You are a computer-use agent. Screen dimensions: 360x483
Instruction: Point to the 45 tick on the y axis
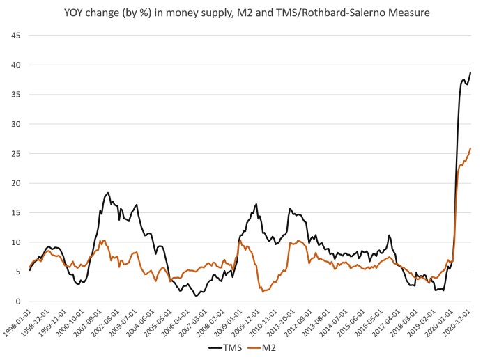coord(15,36)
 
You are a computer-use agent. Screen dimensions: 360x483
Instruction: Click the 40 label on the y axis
coord(15,65)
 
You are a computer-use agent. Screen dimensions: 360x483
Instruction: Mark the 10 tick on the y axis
coord(15,242)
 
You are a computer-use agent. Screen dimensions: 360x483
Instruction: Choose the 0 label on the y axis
coord(18,302)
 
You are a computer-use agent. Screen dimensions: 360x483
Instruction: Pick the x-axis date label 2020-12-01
coord(462,322)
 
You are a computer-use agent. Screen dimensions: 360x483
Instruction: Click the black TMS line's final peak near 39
coord(470,73)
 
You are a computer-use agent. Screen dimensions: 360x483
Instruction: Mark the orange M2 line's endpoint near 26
coord(471,148)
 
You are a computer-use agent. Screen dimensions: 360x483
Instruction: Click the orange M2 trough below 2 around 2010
coord(263,292)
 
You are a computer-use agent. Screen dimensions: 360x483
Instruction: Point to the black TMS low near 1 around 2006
coord(197,295)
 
